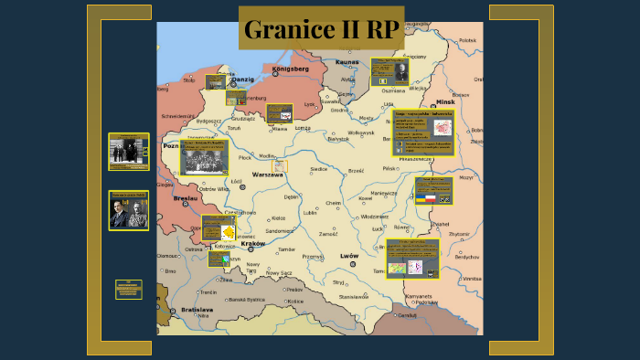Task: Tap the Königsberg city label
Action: click(x=291, y=69)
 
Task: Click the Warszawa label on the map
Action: click(x=269, y=174)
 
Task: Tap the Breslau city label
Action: click(x=183, y=198)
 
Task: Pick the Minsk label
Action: click(x=445, y=101)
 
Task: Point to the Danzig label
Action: click(x=242, y=79)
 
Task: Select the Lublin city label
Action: click(x=311, y=213)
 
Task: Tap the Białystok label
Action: click(x=338, y=139)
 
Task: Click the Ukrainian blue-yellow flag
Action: click(x=421, y=197)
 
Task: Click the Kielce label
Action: click(x=279, y=218)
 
